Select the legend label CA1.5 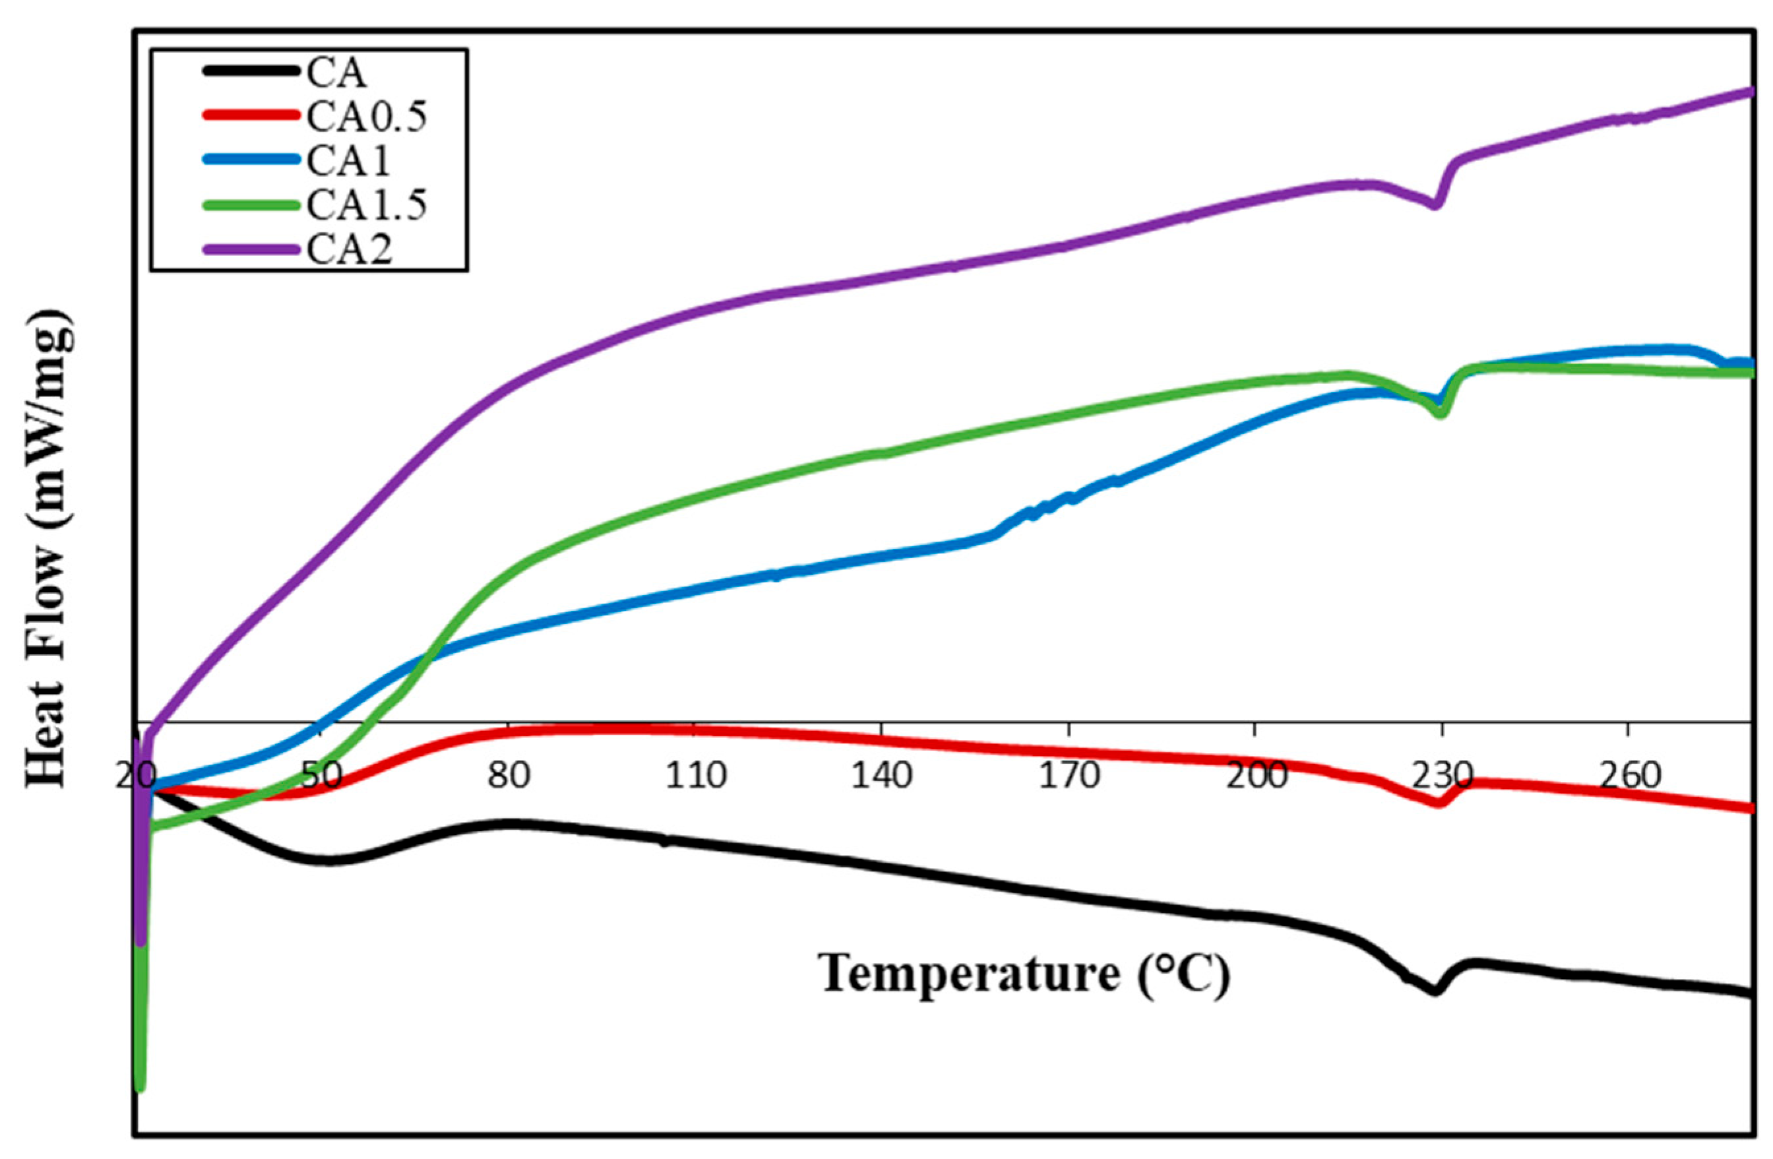click(367, 205)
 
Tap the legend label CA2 click(350, 249)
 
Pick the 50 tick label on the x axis click(322, 777)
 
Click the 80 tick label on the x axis click(509, 777)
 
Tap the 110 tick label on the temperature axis click(695, 777)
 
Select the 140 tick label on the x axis click(882, 777)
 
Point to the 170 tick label click(1069, 777)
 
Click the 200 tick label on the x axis click(1256, 777)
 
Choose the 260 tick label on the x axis click(1629, 777)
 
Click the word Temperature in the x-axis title click(969, 973)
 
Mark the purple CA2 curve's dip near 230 click(1435, 205)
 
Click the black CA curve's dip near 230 click(1435, 991)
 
